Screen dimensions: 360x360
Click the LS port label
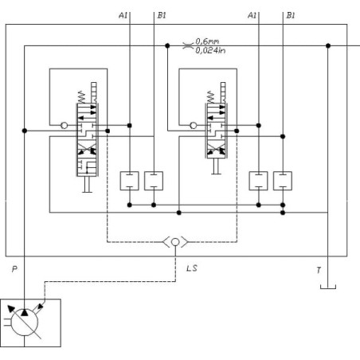(192, 268)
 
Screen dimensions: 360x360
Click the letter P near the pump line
(14, 269)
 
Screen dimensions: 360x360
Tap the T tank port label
(319, 270)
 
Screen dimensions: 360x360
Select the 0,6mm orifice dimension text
(207, 41)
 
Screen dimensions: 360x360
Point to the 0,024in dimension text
(210, 50)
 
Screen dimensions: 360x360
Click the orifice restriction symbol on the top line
(188, 46)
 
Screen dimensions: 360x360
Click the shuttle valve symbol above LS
(175, 242)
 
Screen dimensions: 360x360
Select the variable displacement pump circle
(25, 323)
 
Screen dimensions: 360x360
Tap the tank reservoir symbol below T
(328, 287)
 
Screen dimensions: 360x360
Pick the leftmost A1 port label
(123, 15)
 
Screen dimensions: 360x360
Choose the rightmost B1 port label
(291, 15)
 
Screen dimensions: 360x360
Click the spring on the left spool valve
(81, 97)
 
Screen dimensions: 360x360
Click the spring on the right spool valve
(210, 97)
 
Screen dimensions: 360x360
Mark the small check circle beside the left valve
(65, 125)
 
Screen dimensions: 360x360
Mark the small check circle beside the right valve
(194, 125)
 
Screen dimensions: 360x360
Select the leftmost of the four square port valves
(129, 181)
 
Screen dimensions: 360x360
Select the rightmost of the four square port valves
(283, 181)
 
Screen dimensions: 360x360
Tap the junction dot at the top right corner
(328, 45)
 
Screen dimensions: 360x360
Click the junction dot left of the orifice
(167, 45)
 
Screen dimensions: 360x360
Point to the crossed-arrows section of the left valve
(87, 149)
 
